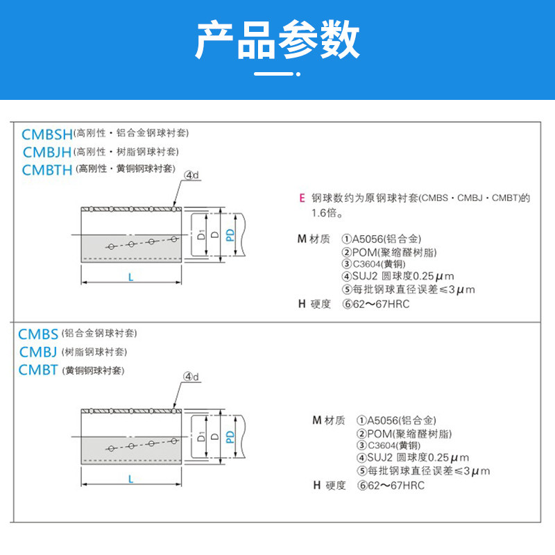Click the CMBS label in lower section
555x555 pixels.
point(38,334)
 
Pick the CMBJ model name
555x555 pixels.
point(38,352)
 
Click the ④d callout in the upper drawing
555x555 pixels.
point(192,176)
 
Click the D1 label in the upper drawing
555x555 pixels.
point(200,234)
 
